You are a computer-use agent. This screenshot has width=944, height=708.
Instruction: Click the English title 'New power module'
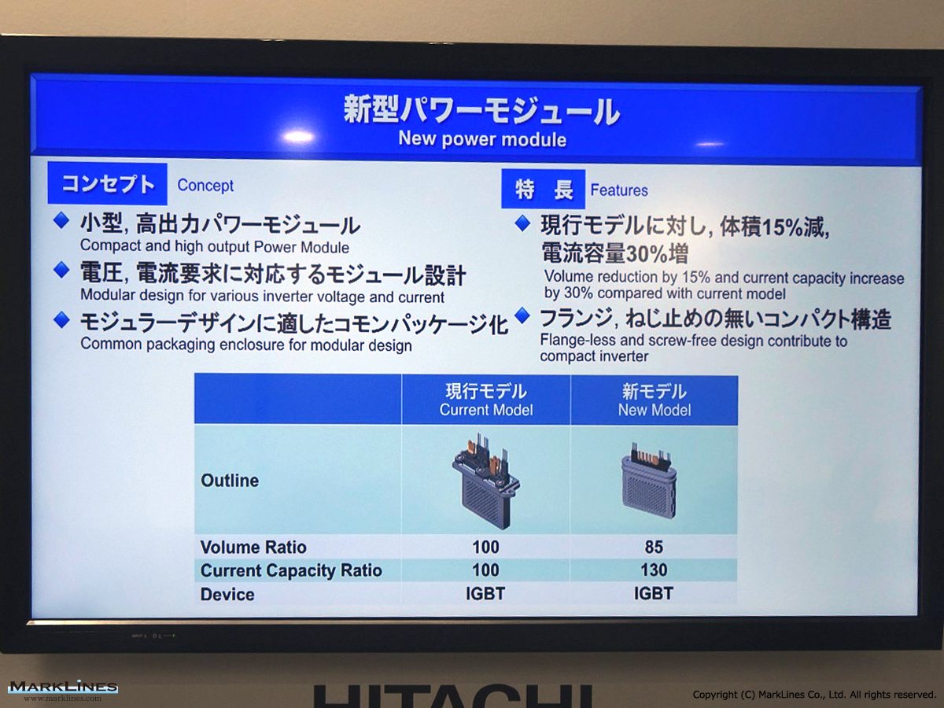(x=482, y=139)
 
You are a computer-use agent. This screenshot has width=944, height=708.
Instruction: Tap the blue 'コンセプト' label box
(x=107, y=183)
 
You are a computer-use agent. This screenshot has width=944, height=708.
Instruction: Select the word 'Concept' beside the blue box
(x=205, y=186)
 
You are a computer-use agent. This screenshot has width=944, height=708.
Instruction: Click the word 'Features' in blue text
(x=619, y=190)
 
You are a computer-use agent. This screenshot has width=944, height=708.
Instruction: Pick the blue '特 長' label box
(x=543, y=189)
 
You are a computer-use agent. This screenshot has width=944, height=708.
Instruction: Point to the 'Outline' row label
(x=230, y=480)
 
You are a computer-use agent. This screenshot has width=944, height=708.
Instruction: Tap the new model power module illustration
(x=650, y=480)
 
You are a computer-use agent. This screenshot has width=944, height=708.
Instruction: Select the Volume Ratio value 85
(x=654, y=547)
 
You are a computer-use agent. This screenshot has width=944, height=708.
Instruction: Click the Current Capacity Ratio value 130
(x=654, y=570)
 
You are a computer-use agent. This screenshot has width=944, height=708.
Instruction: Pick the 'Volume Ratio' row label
(x=253, y=548)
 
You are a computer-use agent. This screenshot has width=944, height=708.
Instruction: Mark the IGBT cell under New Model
(x=653, y=594)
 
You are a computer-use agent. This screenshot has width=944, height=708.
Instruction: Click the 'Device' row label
(x=227, y=595)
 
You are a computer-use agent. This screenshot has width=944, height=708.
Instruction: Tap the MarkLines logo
(x=63, y=691)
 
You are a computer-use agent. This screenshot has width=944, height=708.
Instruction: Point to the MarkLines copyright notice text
(x=814, y=695)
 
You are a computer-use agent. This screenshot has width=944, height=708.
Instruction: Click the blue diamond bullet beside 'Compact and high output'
(x=61, y=220)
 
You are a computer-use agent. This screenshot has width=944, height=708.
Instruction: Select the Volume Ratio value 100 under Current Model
(x=485, y=547)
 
